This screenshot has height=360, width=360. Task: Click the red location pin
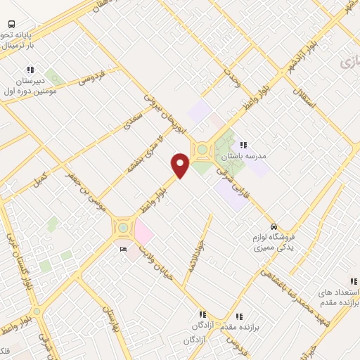tap(181, 165)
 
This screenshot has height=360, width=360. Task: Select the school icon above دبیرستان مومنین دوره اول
tap(30, 70)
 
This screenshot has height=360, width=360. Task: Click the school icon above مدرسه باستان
tap(243, 145)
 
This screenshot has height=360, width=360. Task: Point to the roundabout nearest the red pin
tap(202, 150)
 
